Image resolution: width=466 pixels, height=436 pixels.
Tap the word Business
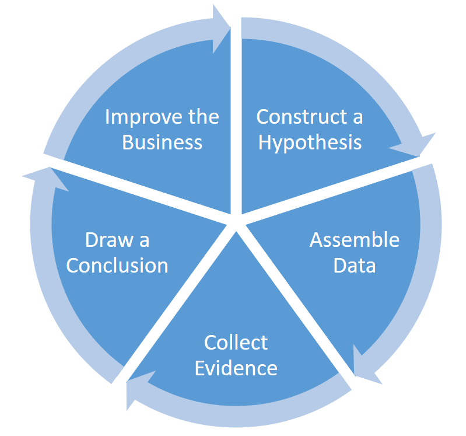(x=162, y=142)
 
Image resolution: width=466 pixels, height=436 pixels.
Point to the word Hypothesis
(x=310, y=142)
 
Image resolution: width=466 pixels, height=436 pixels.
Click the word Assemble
(x=354, y=240)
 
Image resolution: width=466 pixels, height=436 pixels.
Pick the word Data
(x=354, y=266)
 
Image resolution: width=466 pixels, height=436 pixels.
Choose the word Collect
(x=236, y=343)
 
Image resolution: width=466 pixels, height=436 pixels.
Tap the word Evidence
(x=236, y=368)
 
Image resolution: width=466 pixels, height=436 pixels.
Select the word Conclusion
(x=117, y=266)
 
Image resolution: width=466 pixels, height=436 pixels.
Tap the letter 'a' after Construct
(x=357, y=117)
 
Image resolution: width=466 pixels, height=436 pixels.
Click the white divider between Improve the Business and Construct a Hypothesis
(x=236, y=117)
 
